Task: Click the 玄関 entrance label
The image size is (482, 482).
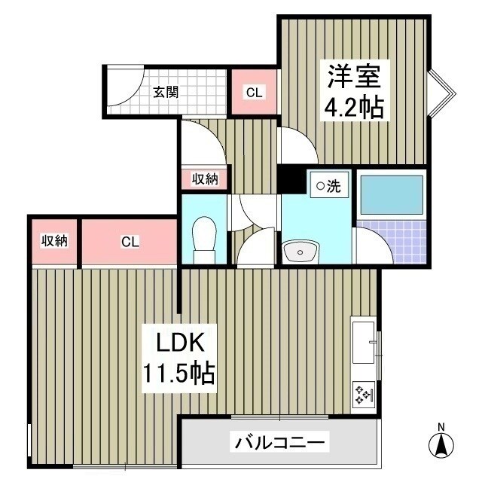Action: pos(166,93)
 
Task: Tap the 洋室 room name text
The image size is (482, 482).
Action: pos(355,77)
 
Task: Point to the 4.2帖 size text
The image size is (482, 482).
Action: pos(354,108)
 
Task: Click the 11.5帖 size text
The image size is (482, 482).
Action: pos(180,373)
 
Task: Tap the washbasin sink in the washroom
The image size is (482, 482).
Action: pos(302,251)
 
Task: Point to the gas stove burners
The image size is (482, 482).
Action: pos(365,394)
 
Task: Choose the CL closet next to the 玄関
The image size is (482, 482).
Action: pos(254,93)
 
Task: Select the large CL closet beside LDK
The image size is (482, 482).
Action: pos(130,243)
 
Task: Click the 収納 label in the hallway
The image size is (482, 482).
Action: pos(204,179)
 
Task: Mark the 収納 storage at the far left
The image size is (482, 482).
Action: pos(54,242)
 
